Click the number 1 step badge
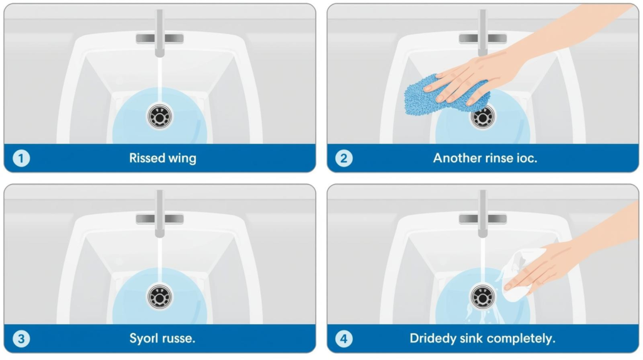point(21,158)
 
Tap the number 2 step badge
point(344,158)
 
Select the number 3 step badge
point(21,339)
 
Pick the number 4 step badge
point(344,339)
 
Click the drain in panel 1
point(159,117)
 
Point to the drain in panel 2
point(483,117)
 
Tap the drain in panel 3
point(159,297)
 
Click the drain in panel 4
point(483,297)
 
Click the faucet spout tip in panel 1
point(159,55)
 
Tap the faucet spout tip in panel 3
point(159,235)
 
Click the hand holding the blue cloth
point(512,62)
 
